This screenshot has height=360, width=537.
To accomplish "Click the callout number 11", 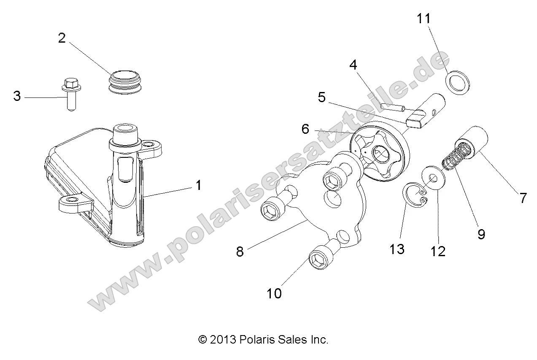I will coord(425,19).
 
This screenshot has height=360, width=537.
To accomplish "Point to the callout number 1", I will coord(198,185).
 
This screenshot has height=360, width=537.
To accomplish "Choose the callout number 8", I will coord(240,252).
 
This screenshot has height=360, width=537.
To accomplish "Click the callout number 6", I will coord(305,130).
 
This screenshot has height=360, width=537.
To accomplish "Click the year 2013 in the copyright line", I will coord(224,339).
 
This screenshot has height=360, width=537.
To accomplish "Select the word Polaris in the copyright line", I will coord(255,339).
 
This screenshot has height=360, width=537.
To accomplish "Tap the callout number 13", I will coord(397,249).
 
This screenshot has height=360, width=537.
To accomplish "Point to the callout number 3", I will coord(17,96).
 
